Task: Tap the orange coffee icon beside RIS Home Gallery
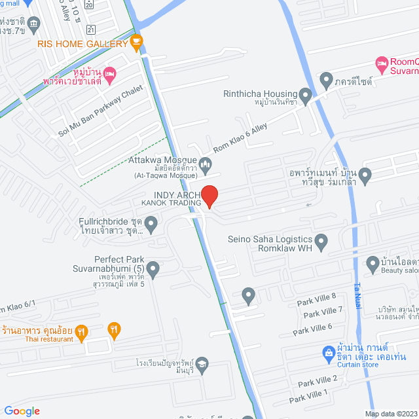[x=136, y=43]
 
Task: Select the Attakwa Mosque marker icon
[x=206, y=164]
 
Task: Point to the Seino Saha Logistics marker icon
[x=321, y=243]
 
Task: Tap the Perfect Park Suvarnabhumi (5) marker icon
[x=153, y=268]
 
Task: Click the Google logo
[x=22, y=410]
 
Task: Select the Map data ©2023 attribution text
[x=390, y=413]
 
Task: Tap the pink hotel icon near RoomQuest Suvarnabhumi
[x=382, y=64]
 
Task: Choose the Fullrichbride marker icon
[x=151, y=226]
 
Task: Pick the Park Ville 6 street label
[x=312, y=329]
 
